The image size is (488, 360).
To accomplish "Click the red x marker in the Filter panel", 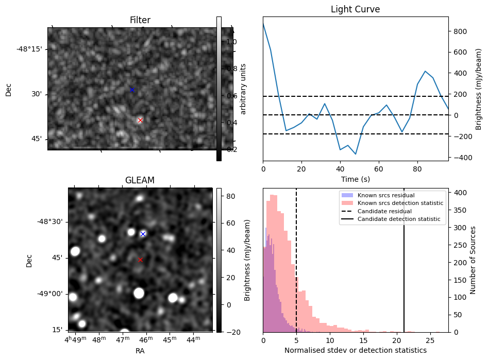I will click(x=140, y=120).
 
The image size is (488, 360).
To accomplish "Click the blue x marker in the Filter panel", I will click(x=132, y=90).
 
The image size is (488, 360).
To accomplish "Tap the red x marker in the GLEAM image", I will click(x=140, y=260).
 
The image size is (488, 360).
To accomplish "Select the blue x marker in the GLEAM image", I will click(x=143, y=234).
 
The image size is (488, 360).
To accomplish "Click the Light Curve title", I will click(x=355, y=10).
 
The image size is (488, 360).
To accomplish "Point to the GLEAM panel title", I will click(x=140, y=180).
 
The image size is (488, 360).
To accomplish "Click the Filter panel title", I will click(x=140, y=21).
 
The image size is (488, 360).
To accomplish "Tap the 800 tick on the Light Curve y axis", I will click(x=460, y=31).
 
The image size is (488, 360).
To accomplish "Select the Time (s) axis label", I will click(x=355, y=179).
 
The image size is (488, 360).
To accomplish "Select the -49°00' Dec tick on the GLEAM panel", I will click(x=49, y=294).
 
